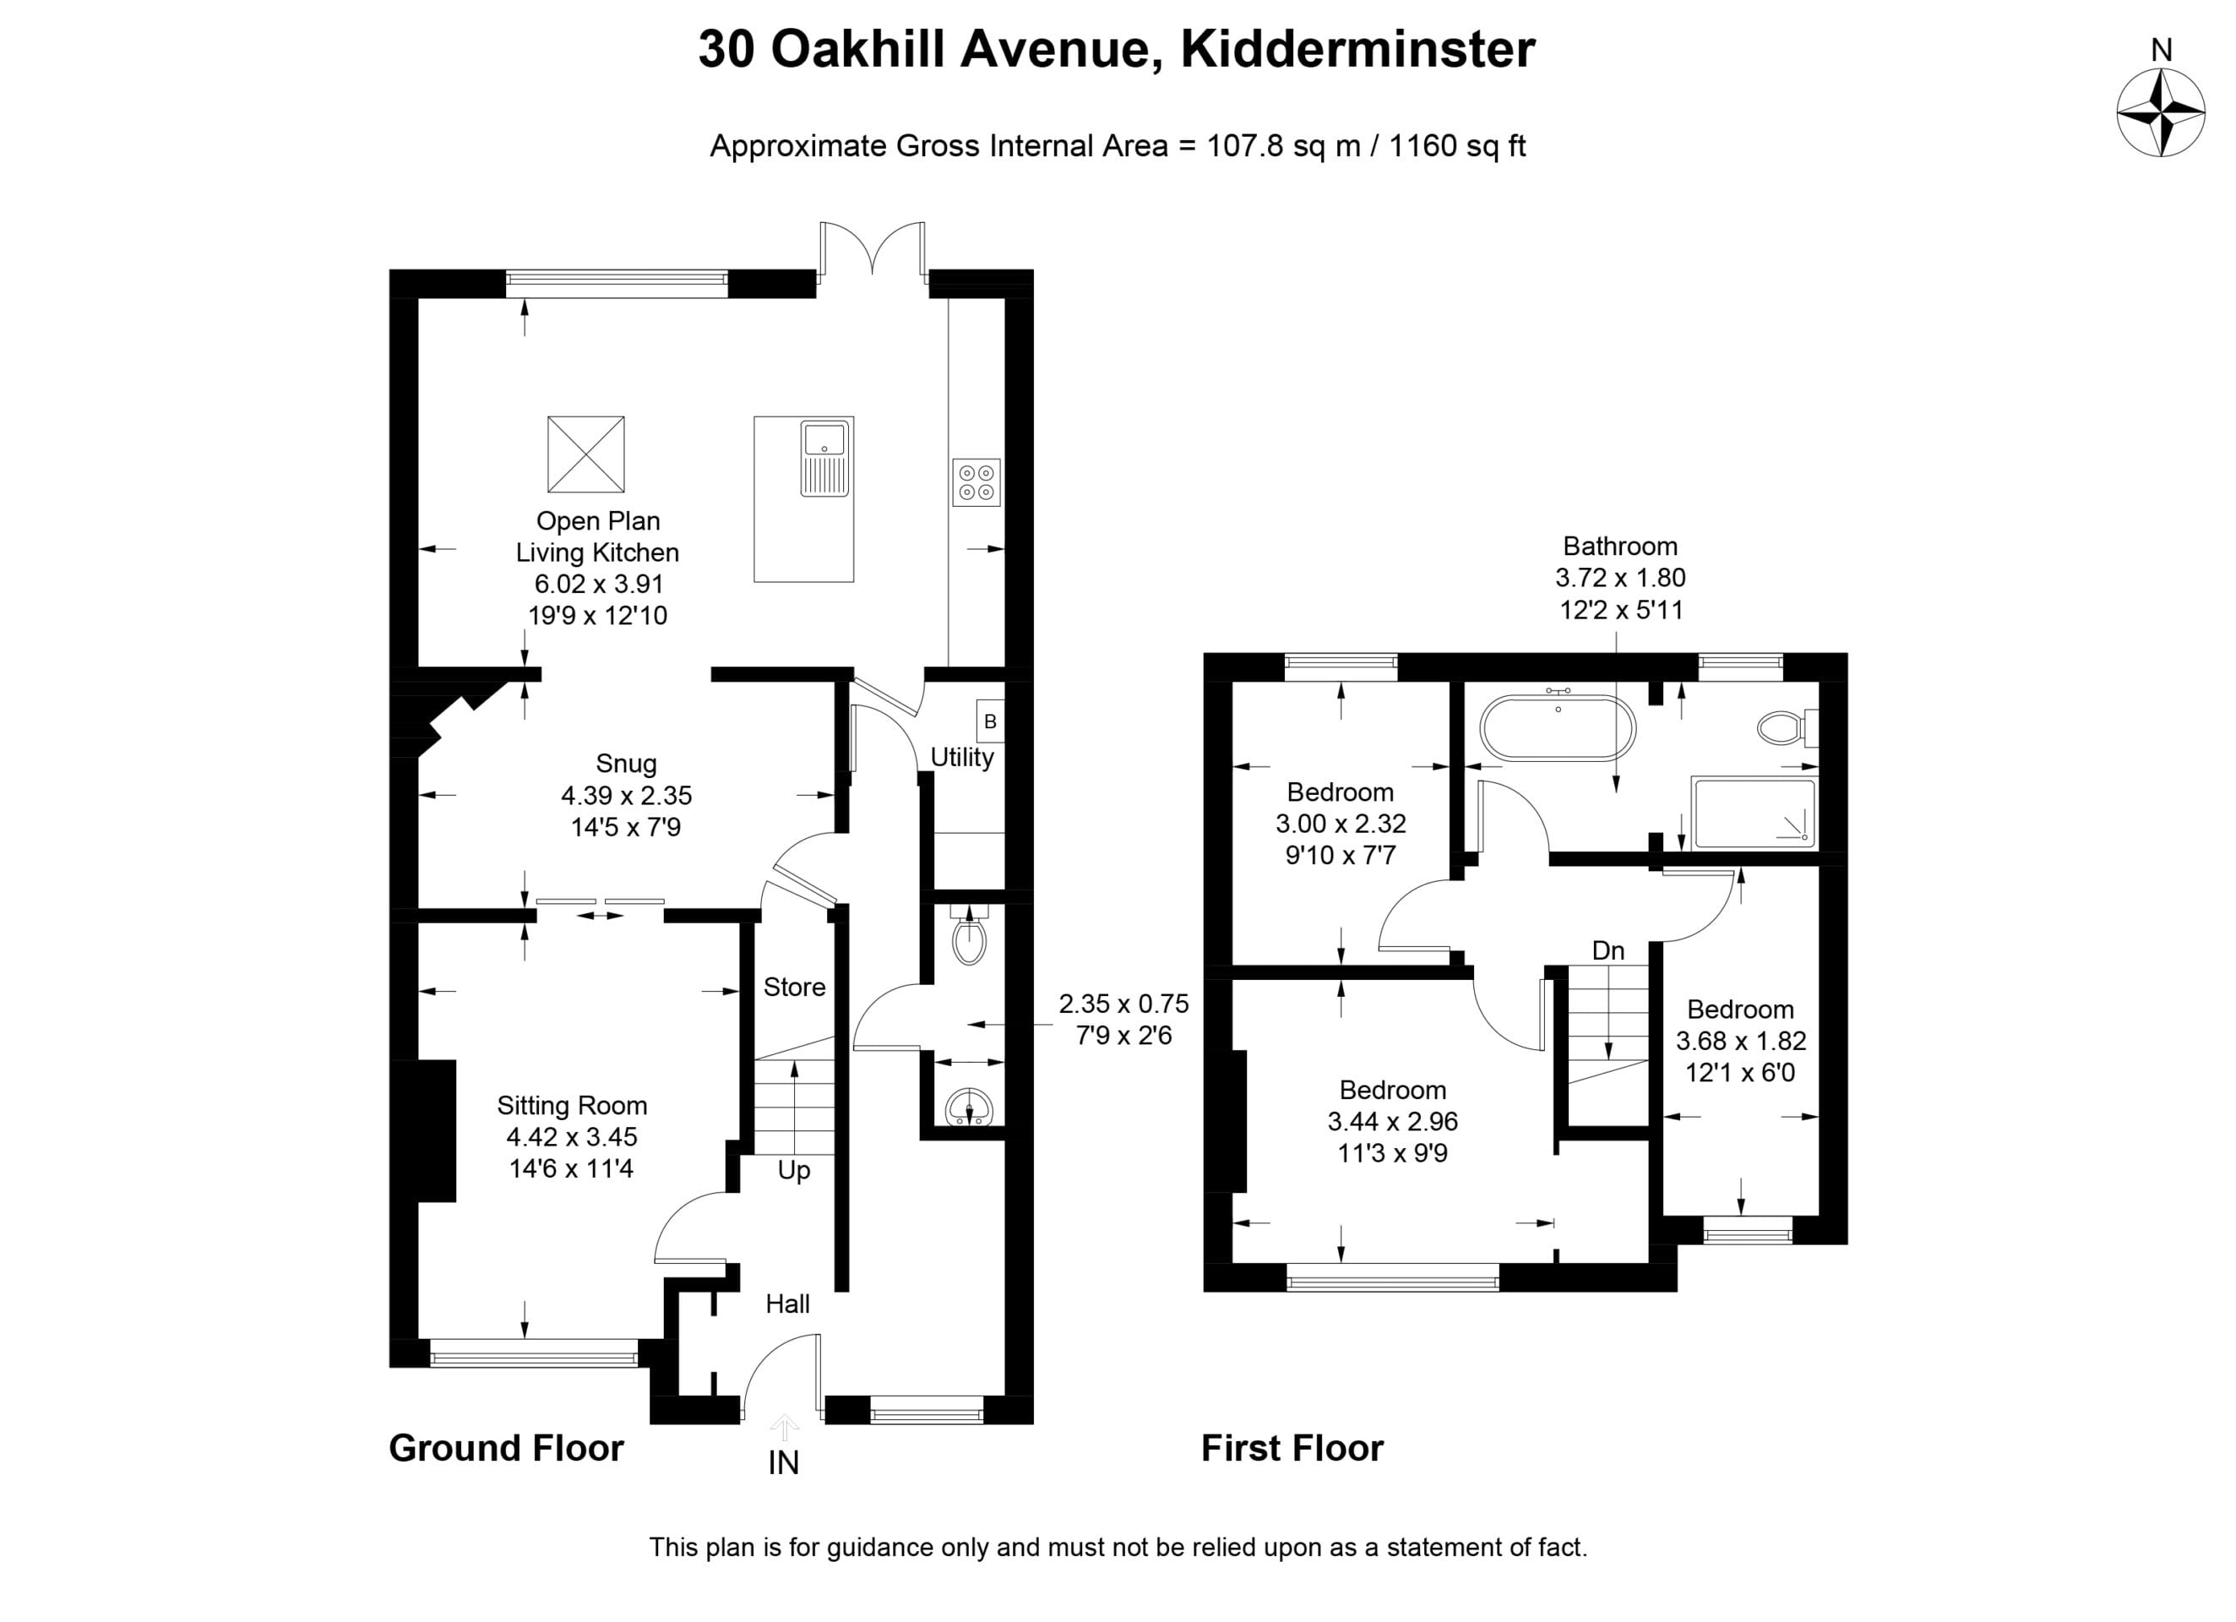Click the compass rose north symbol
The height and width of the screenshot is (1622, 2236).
click(2161, 112)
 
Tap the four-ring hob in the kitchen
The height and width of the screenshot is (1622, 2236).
click(976, 482)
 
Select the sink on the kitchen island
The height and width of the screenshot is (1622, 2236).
click(824, 459)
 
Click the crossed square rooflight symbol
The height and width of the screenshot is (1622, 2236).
click(585, 454)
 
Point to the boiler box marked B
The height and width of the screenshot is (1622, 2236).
click(990, 721)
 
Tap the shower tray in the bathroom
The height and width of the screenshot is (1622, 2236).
click(1754, 814)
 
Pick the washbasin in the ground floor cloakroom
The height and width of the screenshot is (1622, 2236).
click(969, 1108)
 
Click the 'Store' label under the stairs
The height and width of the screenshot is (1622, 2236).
click(795, 987)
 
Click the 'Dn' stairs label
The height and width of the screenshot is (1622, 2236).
click(1608, 950)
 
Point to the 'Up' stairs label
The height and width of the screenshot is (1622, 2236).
click(794, 1170)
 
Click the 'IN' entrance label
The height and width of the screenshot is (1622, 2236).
click(784, 1463)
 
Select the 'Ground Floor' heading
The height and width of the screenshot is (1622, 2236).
click(506, 1447)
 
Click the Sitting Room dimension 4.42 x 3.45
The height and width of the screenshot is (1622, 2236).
click(572, 1137)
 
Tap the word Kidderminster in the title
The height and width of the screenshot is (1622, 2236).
click(1357, 48)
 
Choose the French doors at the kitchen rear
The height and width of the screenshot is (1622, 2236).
click(873, 252)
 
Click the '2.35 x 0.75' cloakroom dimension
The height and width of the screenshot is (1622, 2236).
click(1124, 1004)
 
